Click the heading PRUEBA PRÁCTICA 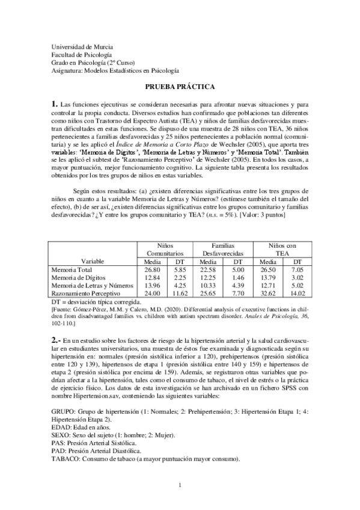pyautogui.click(x=180, y=86)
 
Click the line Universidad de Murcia pyautogui.click(x=82, y=47)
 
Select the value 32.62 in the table pyautogui.click(x=266, y=293)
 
